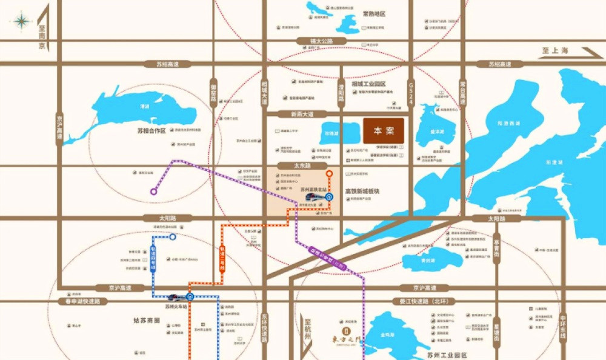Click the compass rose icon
pos(21,22)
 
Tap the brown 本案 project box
pos(384,130)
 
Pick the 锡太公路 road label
pos(311,41)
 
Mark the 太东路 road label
pos(302,165)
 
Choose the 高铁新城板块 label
pos(361,191)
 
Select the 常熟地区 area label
pos(374,13)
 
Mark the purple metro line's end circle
pos(153,192)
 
